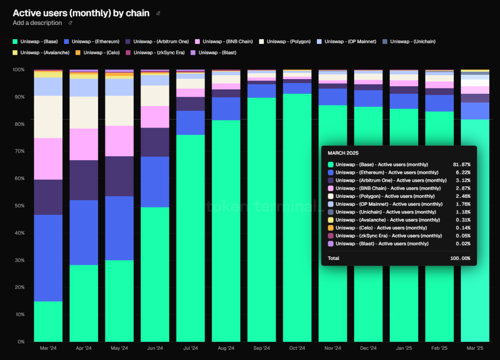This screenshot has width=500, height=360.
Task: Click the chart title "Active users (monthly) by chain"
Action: pyautogui.click(x=81, y=13)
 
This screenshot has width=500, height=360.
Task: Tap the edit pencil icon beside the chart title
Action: pyautogui.click(x=158, y=13)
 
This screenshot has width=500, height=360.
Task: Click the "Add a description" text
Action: pyautogui.click(x=37, y=23)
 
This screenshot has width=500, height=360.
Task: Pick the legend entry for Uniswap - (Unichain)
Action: pyautogui.click(x=409, y=42)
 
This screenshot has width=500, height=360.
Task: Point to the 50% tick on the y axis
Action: pyautogui.click(x=20, y=206)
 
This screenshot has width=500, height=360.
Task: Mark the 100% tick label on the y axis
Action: pyautogui.click(x=19, y=70)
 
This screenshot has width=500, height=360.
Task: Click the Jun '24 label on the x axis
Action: pyautogui.click(x=155, y=348)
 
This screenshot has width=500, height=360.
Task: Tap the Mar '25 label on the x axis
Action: pyautogui.click(x=475, y=348)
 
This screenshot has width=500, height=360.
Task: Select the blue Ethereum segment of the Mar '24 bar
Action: pyautogui.click(x=48, y=258)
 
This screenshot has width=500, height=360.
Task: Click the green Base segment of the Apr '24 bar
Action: pyautogui.click(x=84, y=303)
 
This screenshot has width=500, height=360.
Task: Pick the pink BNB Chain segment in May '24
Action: pyautogui.click(x=120, y=141)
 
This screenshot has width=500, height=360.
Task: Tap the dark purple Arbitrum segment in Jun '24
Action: pyautogui.click(x=155, y=142)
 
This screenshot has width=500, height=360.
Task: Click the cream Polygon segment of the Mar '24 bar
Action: pyautogui.click(x=48, y=117)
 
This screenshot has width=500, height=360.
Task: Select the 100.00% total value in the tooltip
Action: pyautogui.click(x=460, y=258)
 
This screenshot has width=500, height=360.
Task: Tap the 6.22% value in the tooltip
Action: pyautogui.click(x=463, y=172)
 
